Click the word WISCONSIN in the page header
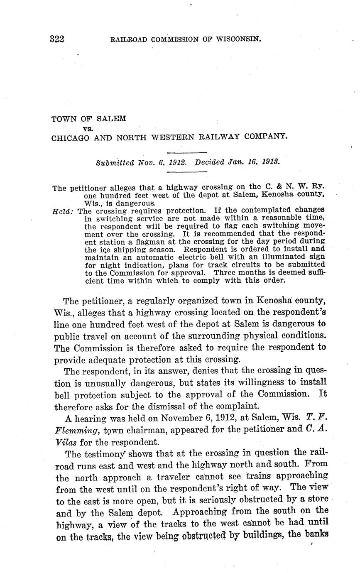(237, 40)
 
